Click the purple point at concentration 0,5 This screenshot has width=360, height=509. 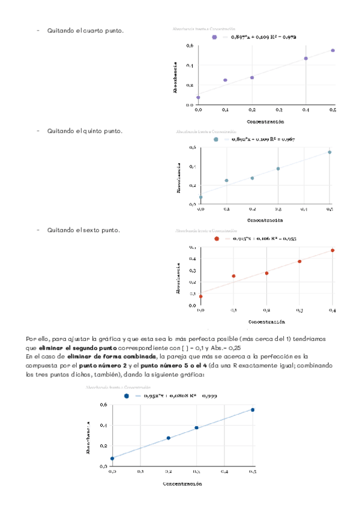[333, 50]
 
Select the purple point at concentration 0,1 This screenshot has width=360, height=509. [225, 80]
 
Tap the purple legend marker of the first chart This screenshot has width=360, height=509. [214, 37]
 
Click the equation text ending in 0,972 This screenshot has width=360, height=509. [263, 37]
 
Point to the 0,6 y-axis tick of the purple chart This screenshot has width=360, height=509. [190, 46]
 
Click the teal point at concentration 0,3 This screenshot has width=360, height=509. [278, 169]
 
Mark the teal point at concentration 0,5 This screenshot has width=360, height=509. [329, 152]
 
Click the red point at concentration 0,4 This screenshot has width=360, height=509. [332, 250]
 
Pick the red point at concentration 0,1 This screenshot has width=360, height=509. [233, 276]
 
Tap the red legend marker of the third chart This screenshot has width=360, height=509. [217, 239]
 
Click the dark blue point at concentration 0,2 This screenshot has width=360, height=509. [168, 438]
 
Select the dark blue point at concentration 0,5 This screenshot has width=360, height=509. [253, 410]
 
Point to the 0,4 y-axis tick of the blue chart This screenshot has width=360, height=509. [103, 426]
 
